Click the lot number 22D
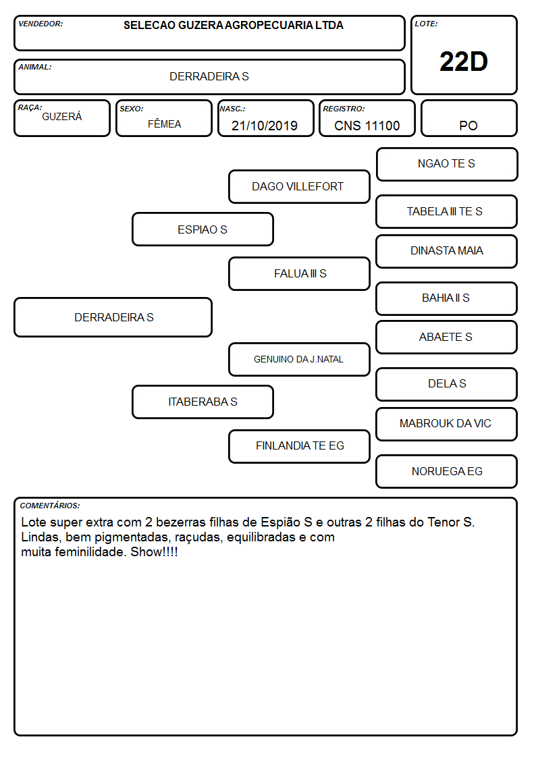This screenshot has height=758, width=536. point(464,61)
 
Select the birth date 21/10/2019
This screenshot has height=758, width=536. point(265,126)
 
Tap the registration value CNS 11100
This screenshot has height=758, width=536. point(367,126)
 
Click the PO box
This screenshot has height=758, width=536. point(468,118)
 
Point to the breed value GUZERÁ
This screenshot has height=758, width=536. point(62,117)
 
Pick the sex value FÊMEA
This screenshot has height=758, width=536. point(164,124)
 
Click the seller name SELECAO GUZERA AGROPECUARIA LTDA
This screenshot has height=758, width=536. point(234,25)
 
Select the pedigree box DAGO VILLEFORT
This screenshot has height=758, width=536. point(299,186)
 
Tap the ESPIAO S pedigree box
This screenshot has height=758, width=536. point(203,229)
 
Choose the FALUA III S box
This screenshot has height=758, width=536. point(299,273)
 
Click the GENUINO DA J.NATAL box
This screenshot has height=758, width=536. point(299,359)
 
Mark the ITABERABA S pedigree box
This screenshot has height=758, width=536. point(203,402)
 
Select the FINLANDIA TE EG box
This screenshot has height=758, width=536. point(299,446)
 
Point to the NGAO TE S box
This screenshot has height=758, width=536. point(447,165)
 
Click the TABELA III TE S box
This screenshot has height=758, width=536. point(447,211)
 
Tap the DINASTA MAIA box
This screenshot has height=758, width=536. point(447,251)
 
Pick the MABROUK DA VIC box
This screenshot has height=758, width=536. point(447,424)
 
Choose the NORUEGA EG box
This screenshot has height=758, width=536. point(447,471)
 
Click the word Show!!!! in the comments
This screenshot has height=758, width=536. point(154,551)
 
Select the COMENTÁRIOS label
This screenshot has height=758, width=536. point(50,506)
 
